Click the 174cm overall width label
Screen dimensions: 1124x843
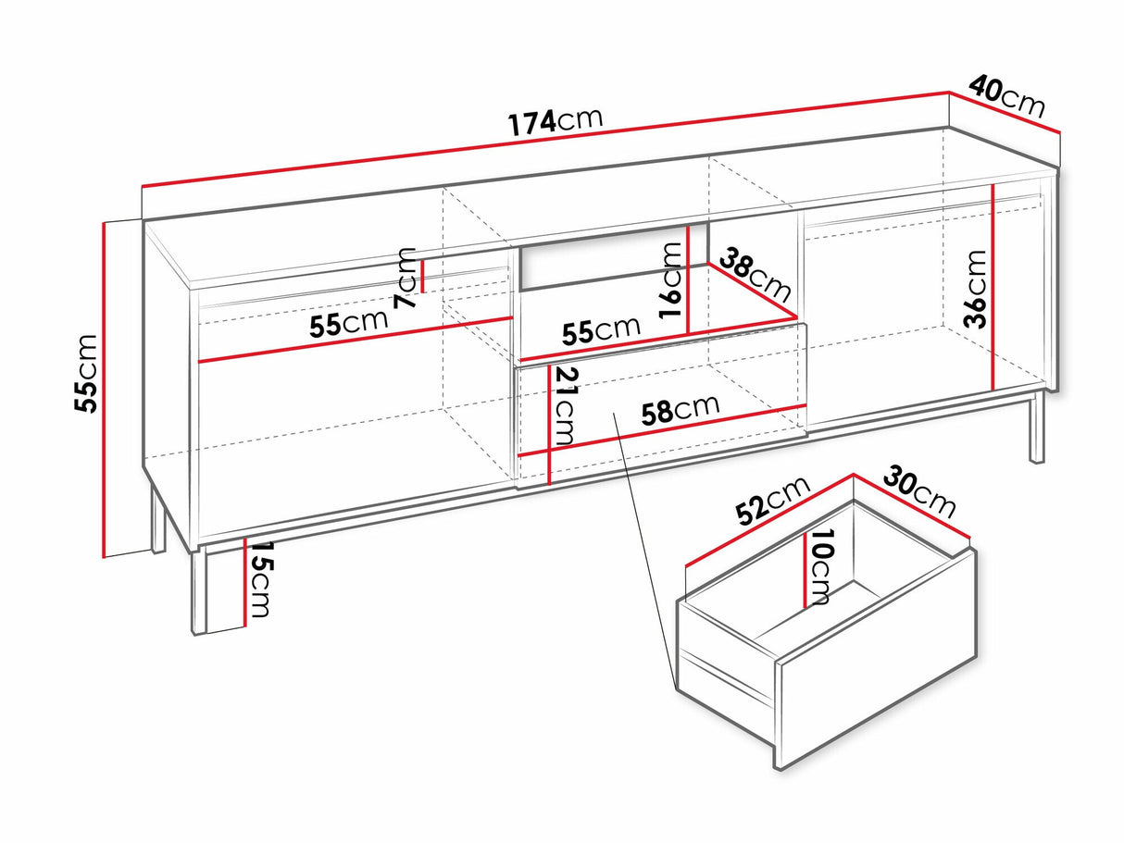[x=556, y=123]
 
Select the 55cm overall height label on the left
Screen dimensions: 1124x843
[x=85, y=373]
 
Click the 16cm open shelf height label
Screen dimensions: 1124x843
[x=671, y=280]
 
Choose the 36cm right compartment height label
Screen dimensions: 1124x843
[x=974, y=290]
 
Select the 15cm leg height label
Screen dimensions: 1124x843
[x=259, y=580]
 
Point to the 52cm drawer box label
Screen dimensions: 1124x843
[x=773, y=502]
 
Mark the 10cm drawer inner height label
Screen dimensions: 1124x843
[x=819, y=566]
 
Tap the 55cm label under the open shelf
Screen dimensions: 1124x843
[x=601, y=331]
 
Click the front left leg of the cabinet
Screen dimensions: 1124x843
[x=199, y=592]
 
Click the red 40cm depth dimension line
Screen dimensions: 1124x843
[x=1005, y=113]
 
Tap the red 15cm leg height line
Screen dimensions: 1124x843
[x=245, y=582]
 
